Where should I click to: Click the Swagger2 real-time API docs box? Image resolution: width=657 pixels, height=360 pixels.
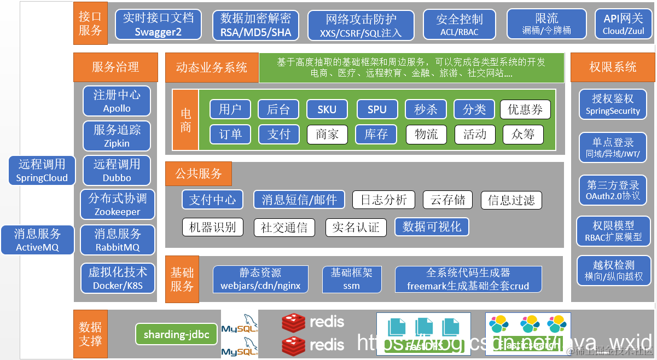pyautogui.click(x=158, y=25)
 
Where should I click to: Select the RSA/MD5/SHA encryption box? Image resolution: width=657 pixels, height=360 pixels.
pyautogui.click(x=256, y=25)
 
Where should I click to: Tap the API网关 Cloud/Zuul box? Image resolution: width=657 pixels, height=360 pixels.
pyautogui.click(x=623, y=25)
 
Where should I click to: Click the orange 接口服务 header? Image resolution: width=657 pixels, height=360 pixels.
pyautogui.click(x=90, y=24)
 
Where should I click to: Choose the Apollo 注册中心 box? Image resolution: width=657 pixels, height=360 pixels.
pyautogui.click(x=117, y=101)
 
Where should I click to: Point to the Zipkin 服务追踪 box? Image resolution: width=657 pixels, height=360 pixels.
pyautogui.click(x=117, y=136)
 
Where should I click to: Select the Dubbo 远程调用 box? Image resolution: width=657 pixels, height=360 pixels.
pyautogui.click(x=117, y=170)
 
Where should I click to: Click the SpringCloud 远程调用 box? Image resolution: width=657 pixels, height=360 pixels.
pyautogui.click(x=42, y=170)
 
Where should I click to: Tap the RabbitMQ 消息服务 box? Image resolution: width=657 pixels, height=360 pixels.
pyautogui.click(x=117, y=240)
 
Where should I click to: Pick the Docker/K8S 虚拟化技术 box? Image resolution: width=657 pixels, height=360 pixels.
pyautogui.click(x=117, y=278)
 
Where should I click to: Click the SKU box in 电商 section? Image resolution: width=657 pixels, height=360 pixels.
pyautogui.click(x=327, y=109)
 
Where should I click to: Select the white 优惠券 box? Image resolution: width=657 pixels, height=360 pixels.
pyautogui.click(x=525, y=109)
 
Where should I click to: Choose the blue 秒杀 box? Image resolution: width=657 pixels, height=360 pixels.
pyautogui.click(x=426, y=109)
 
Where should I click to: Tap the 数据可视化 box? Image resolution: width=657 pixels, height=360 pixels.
pyautogui.click(x=432, y=227)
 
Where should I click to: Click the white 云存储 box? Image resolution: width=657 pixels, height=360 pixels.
pyautogui.click(x=447, y=200)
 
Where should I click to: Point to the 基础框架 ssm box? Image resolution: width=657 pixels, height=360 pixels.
pyautogui.click(x=351, y=278)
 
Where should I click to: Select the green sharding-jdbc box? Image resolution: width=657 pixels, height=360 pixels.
pyautogui.click(x=176, y=334)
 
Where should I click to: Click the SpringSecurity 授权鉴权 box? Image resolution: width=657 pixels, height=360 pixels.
pyautogui.click(x=613, y=104)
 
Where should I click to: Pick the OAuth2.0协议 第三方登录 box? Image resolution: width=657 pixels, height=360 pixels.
pyautogui.click(x=613, y=189)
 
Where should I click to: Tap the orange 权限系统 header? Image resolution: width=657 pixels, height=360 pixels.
pyautogui.click(x=613, y=67)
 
